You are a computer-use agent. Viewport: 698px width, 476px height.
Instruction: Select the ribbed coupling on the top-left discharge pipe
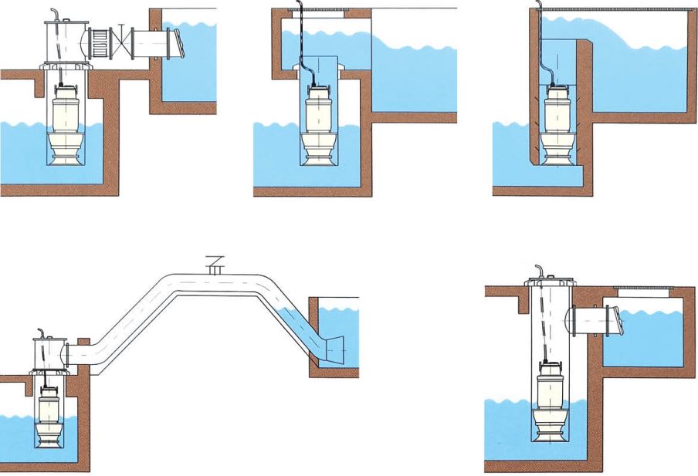point(100,42)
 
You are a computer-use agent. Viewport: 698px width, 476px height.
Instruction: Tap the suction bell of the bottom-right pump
point(550,432)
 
